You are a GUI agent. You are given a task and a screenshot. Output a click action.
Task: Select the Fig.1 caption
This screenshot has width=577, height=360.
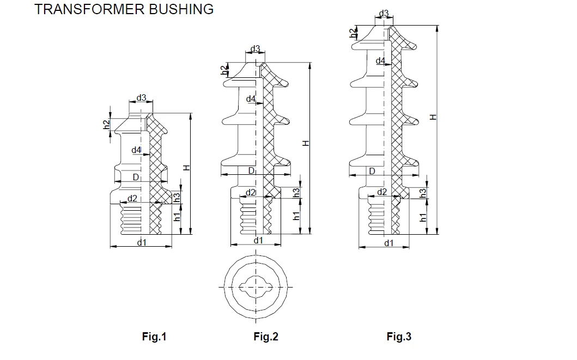click(154, 337)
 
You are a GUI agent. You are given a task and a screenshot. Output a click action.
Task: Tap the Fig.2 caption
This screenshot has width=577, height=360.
click(266, 337)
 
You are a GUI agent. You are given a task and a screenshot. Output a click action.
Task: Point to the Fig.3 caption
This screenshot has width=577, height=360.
click(399, 337)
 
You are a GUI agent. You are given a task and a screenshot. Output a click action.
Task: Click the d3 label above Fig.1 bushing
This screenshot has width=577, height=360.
click(141, 98)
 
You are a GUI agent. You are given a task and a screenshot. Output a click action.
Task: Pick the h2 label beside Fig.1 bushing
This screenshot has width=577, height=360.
click(106, 125)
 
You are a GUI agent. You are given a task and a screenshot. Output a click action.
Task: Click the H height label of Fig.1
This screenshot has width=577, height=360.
click(187, 168)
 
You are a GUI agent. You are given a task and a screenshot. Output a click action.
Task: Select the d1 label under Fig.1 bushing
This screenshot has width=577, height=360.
click(142, 243)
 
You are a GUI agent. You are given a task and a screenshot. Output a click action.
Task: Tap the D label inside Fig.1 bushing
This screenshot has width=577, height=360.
click(136, 177)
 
